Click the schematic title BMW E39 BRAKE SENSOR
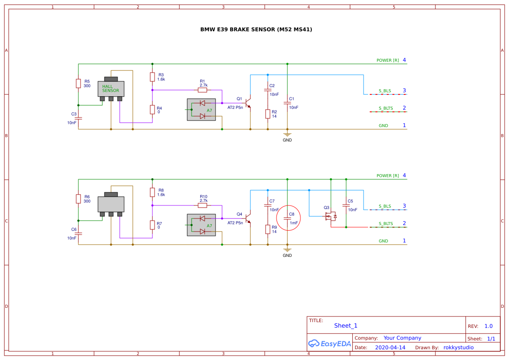pos(256,30)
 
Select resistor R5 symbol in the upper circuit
pos(78,84)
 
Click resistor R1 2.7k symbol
pos(202,90)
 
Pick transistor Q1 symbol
pos(248,103)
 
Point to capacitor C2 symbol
pos(268,90)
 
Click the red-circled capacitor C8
pos(287,219)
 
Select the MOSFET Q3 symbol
pos(331,216)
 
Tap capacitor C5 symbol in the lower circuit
pos(346,205)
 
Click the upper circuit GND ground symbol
pos(287,135)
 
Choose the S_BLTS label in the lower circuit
pos(385,224)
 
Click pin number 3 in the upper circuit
pos(404,91)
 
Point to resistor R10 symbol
pos(202,205)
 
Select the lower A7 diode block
pos(201,225)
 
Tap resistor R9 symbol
pos(268,229)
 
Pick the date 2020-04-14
pos(390,347)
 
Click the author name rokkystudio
pos(458,347)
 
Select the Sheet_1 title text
pos(346,326)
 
